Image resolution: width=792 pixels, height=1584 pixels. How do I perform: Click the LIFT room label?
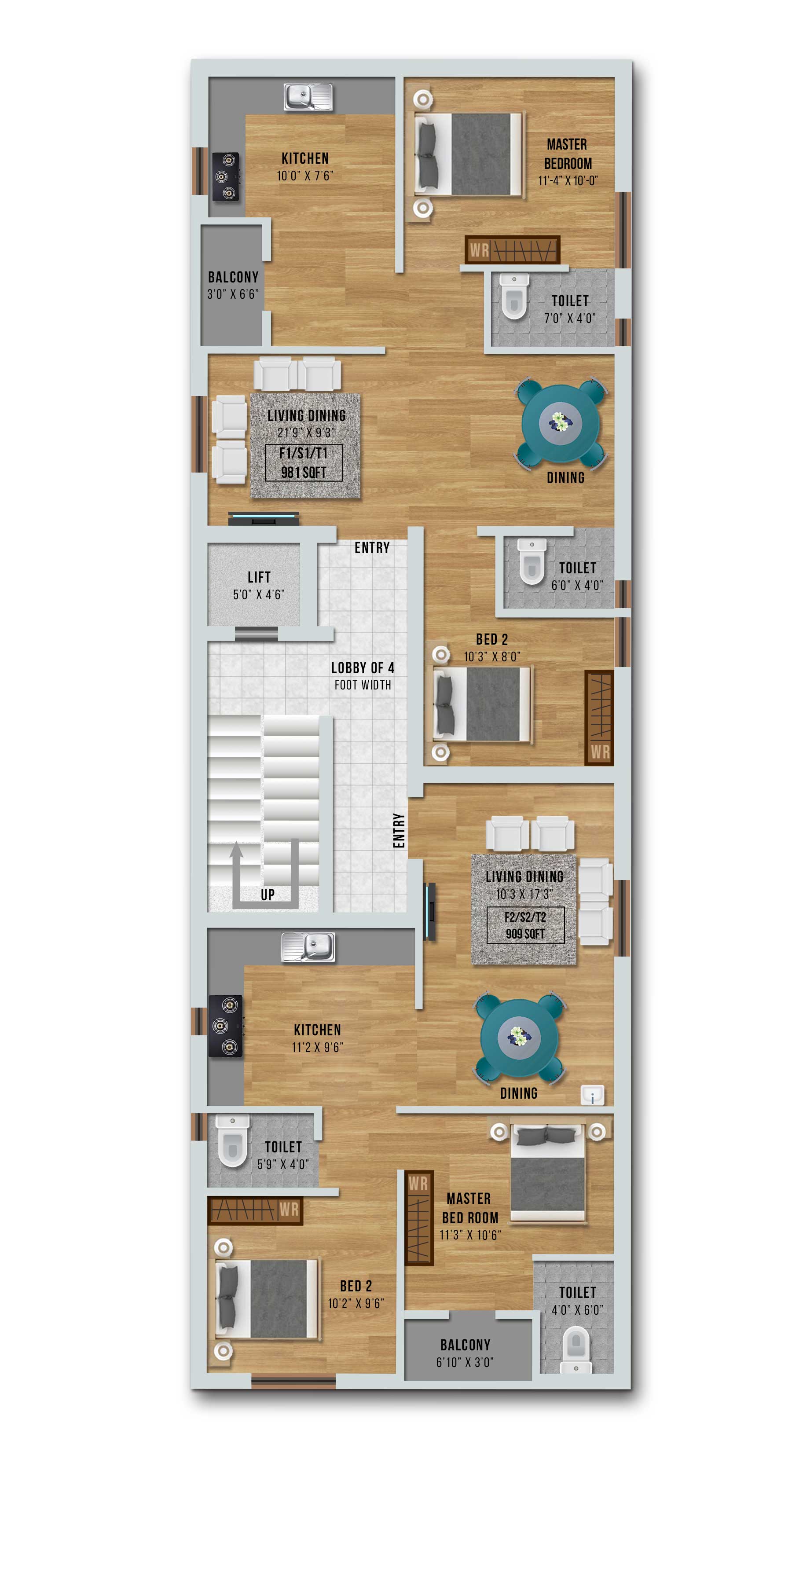point(259,577)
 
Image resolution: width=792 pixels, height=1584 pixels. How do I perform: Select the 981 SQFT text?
point(303,472)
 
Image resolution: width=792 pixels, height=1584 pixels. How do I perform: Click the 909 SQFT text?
point(525,933)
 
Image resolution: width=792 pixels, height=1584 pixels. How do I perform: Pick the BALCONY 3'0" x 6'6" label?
point(233,285)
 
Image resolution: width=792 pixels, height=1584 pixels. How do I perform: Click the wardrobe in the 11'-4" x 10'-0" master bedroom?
point(512,249)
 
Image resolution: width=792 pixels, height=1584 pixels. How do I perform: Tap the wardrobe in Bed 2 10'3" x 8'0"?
point(600,717)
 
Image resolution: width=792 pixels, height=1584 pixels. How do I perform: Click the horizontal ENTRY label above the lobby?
point(372,548)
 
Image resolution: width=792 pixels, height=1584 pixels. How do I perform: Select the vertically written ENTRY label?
point(399,830)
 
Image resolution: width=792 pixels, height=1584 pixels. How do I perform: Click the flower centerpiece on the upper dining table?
point(560,422)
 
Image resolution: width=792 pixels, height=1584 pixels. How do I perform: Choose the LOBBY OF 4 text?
point(363,668)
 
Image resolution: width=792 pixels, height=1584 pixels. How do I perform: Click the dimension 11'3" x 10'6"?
point(470,1235)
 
